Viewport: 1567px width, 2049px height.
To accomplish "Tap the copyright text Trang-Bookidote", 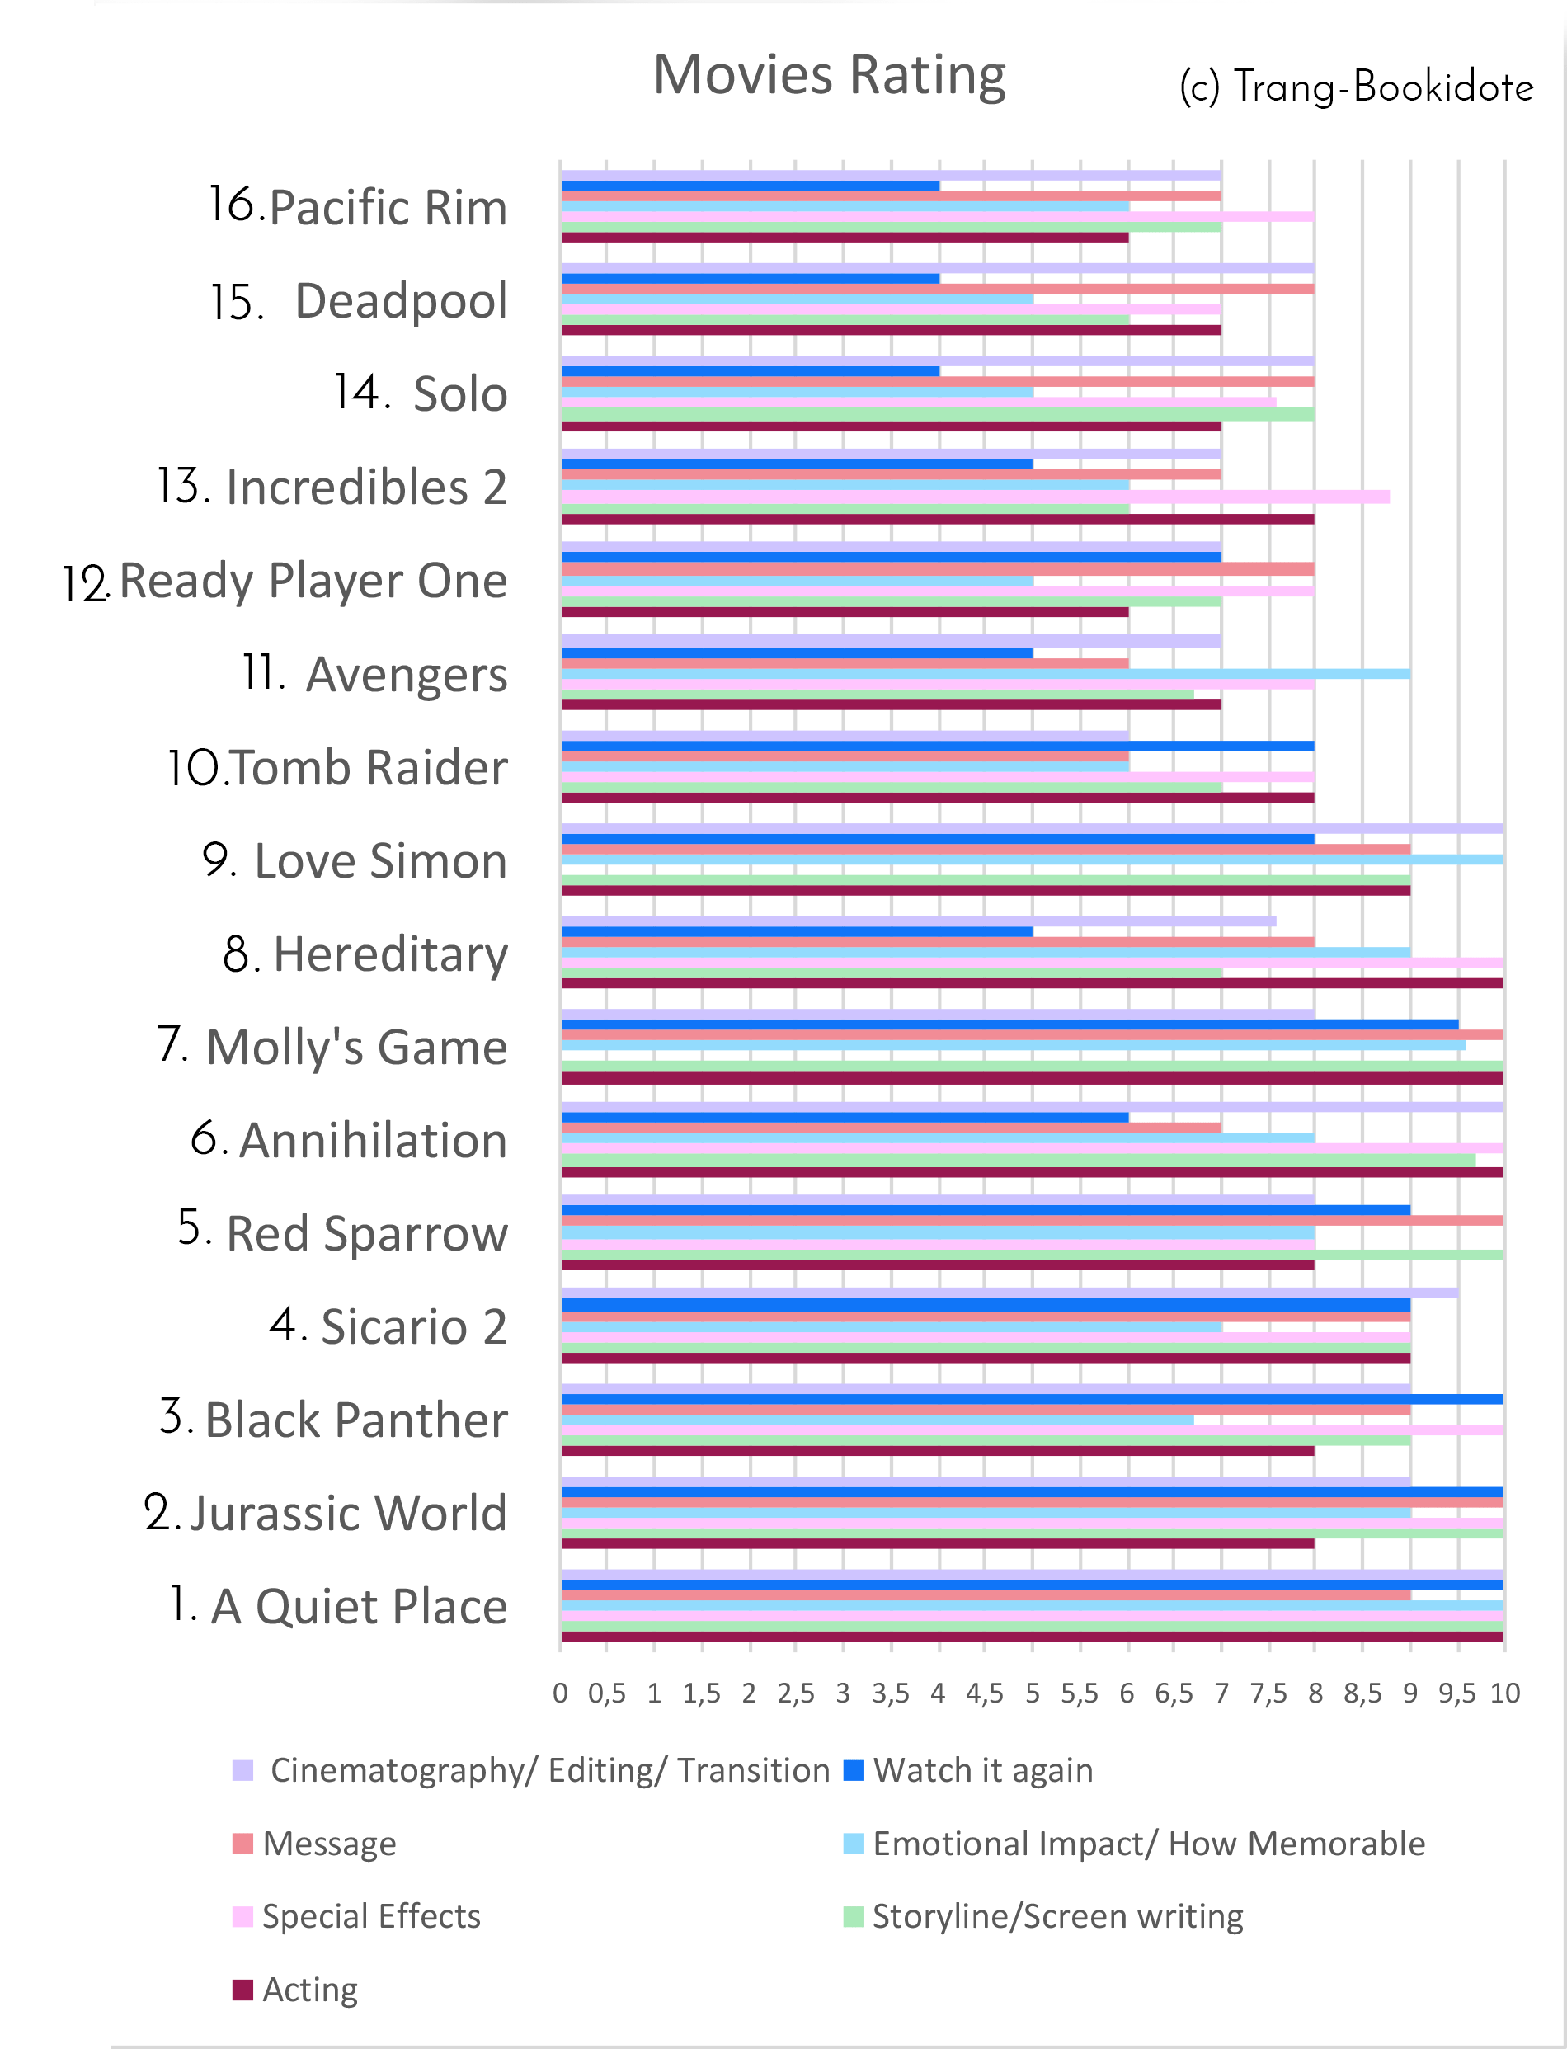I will tap(1355, 87).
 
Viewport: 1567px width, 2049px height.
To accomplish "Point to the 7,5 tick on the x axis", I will tap(1268, 1693).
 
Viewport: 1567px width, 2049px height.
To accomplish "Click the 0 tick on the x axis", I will tap(560, 1693).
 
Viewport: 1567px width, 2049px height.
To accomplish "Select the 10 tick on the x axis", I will tap(1504, 1693).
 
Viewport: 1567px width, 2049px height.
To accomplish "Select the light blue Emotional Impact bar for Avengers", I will tap(985, 673).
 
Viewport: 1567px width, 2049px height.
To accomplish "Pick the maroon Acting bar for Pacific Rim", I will tap(845, 238).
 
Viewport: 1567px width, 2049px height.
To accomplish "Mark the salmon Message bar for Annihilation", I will tap(891, 1128).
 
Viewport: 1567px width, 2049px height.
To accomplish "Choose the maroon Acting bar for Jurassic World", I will tap(938, 1543).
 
